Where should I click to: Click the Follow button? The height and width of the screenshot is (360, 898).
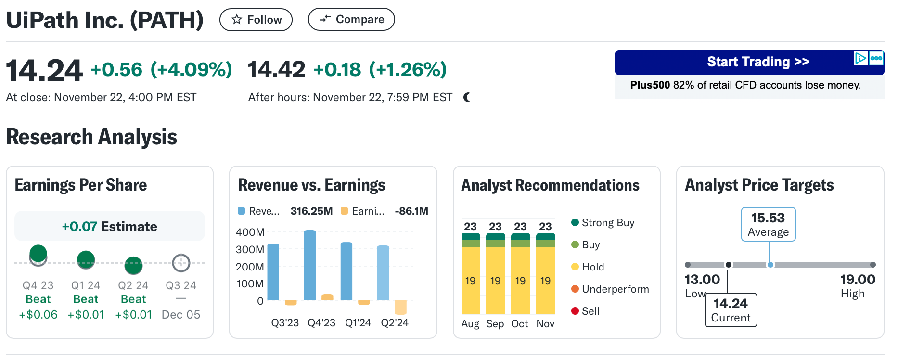pos(256,20)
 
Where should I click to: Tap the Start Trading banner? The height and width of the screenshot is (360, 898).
pos(749,62)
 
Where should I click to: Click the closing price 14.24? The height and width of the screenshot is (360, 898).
pos(44,70)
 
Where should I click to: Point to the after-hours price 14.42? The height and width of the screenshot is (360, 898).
pos(277,70)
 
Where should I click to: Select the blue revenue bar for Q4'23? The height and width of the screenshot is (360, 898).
pos(310,265)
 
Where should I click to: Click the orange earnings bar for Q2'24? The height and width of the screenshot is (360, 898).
pos(400,307)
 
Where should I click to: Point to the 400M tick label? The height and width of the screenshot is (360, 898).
pos(250,232)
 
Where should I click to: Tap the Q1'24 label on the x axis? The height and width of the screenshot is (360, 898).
pos(358,323)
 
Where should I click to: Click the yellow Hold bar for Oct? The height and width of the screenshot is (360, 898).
pos(520,281)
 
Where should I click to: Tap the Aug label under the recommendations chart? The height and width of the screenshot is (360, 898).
pos(470,324)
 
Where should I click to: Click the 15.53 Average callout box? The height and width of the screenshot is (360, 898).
pos(768,224)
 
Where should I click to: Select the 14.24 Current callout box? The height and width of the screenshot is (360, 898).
pos(731,310)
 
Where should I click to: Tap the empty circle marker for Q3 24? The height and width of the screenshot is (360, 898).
pos(181,263)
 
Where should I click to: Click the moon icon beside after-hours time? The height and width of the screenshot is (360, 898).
pos(467,97)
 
